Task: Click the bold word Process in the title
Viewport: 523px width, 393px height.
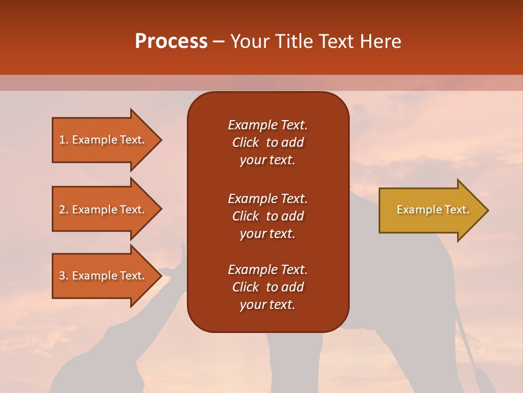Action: click(171, 41)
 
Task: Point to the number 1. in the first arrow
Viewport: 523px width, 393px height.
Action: click(64, 140)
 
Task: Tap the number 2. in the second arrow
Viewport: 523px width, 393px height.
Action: click(64, 210)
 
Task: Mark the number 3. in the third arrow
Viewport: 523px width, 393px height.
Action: click(64, 276)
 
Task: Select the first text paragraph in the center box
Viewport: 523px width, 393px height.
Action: click(267, 142)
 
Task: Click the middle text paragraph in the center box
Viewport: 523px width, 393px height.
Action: click(267, 216)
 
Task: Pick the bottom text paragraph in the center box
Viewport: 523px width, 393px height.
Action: click(267, 287)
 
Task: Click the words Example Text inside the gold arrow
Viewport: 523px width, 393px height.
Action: click(433, 210)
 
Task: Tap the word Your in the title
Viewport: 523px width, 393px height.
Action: click(249, 41)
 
